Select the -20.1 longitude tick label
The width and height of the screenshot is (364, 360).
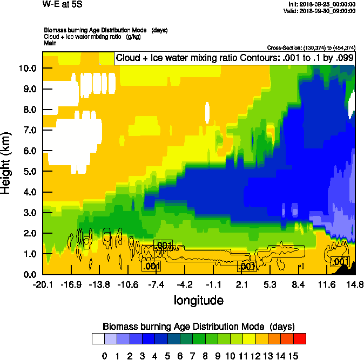pos(43,285)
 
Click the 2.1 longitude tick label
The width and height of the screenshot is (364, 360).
pos(242,285)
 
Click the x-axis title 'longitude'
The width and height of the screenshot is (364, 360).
pos(198,300)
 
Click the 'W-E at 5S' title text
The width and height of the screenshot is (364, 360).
pos(63,4)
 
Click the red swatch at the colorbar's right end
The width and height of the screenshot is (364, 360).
pos(300,339)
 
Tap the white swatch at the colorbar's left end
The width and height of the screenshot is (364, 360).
pos(98,339)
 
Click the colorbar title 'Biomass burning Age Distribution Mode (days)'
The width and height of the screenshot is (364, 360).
pos(199,326)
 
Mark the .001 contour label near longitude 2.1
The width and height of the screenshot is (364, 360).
pos(247,267)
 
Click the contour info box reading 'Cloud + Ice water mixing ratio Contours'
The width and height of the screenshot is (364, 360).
pos(234,58)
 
